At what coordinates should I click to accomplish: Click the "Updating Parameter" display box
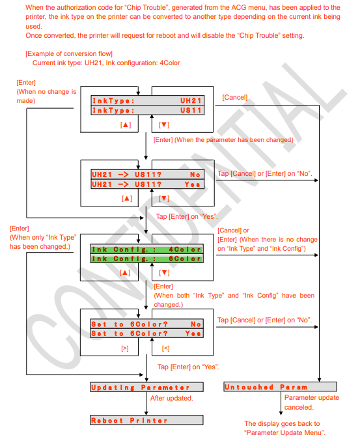coord(146,388)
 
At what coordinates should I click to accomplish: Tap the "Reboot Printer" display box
coord(146,420)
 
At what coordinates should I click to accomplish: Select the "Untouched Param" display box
coord(271,388)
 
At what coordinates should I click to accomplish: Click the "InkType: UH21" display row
coord(146,101)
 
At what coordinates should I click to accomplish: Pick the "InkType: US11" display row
coord(146,111)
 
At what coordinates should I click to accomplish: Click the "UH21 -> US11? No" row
coord(146,175)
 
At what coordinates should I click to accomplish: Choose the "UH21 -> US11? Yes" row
coord(146,184)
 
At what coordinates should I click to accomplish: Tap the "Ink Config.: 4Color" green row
coord(146,249)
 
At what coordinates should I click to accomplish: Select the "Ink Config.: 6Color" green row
coord(146,259)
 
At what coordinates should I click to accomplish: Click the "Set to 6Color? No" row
coord(146,324)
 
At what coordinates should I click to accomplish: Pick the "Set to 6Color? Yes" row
coord(146,333)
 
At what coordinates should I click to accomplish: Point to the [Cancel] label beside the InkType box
coord(234,97)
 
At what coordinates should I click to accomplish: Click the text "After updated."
coord(171,398)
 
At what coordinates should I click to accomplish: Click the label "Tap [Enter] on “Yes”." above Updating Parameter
coord(187,367)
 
